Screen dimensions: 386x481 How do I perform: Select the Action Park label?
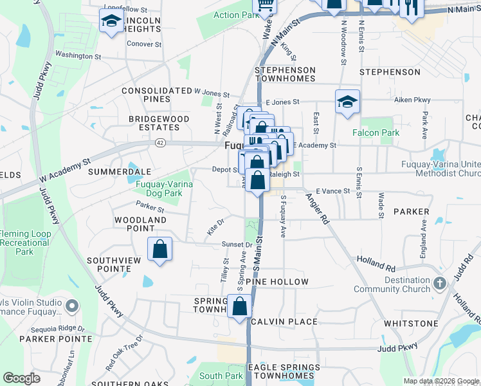click(x=235, y=15)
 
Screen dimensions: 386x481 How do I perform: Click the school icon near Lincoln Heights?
click(x=112, y=22)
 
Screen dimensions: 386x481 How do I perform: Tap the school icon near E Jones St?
click(x=347, y=102)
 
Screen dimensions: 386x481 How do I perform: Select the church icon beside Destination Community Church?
click(x=439, y=283)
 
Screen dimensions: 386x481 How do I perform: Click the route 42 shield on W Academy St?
click(x=159, y=143)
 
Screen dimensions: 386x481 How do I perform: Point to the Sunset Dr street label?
click(x=237, y=244)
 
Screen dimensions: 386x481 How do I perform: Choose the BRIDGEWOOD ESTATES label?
click(x=159, y=124)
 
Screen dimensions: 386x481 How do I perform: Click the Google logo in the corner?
click(x=21, y=378)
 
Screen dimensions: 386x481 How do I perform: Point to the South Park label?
click(x=221, y=376)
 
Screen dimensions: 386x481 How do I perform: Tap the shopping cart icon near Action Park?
click(x=265, y=5)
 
